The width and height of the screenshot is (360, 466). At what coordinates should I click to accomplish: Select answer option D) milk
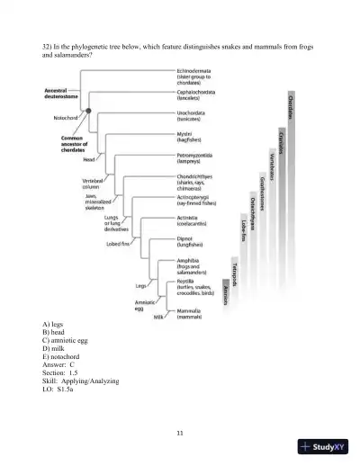(53, 345)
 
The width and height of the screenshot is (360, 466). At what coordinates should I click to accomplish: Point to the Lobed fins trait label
(120, 244)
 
